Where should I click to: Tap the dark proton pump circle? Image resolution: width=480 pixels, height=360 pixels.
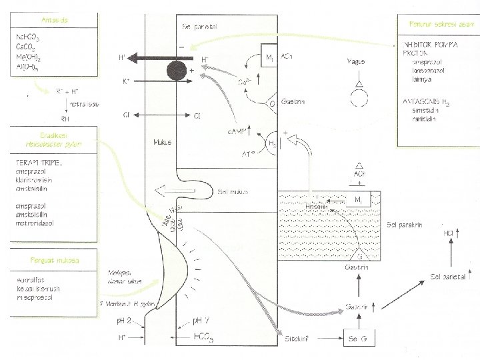point(178,70)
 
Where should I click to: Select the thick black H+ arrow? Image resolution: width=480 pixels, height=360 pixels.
point(150,58)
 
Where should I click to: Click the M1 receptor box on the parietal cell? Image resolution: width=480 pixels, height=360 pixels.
point(270,59)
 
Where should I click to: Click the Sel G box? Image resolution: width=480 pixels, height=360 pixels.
point(361,339)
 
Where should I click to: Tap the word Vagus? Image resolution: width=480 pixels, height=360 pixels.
point(356,61)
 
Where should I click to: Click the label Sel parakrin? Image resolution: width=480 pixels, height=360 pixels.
point(406,224)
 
